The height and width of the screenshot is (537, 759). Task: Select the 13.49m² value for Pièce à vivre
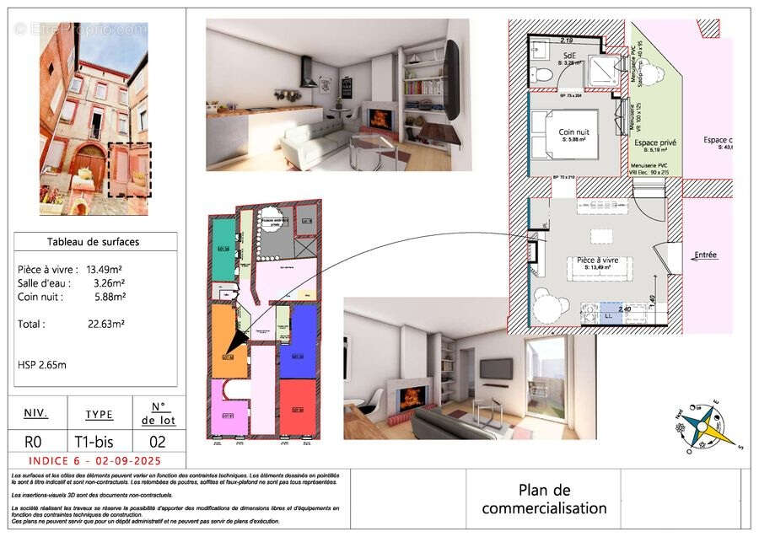106,270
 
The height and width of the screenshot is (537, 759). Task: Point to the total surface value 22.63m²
106,323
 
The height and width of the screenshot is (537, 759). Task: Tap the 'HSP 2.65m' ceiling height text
42,364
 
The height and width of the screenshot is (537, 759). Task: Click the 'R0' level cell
35,441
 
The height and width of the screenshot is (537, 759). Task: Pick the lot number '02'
157,441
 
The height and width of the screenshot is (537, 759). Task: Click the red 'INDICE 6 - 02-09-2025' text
94,461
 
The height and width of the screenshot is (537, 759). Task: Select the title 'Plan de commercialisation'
544,499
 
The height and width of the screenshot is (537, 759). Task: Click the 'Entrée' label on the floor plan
705,255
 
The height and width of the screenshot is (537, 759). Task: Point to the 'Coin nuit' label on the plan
574,132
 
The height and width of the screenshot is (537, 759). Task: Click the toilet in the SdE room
544,75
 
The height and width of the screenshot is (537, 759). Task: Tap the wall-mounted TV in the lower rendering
495,368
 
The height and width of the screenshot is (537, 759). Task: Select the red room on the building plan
297,408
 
